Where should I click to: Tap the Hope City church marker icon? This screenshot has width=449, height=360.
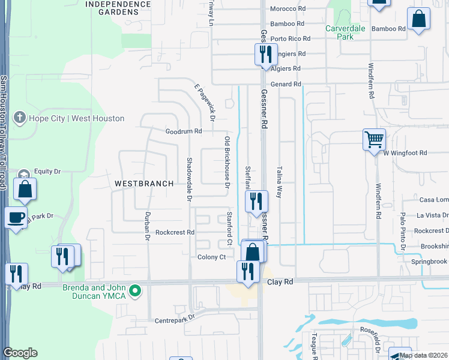click(x=20, y=118)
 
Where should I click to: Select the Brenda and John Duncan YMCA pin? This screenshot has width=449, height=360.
click(x=136, y=292)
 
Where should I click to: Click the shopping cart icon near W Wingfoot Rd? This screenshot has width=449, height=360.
click(x=374, y=140)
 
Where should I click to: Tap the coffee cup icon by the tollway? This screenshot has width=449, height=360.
click(x=16, y=217)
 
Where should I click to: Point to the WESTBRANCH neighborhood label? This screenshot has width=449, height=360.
click(x=144, y=184)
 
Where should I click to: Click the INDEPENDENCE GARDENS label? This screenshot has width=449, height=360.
click(x=118, y=8)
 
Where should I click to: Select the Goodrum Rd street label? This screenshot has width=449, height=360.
click(x=184, y=131)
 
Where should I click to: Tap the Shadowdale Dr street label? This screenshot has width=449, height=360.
click(x=189, y=178)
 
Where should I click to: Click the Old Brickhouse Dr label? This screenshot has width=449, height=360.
click(x=227, y=162)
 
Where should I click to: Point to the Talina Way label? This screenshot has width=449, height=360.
click(x=279, y=182)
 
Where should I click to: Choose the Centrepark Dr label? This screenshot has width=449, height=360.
click(x=176, y=319)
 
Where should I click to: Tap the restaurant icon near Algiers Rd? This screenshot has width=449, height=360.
click(x=264, y=55)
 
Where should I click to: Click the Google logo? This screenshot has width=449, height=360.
click(x=20, y=353)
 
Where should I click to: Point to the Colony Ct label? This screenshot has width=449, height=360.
click(x=211, y=257)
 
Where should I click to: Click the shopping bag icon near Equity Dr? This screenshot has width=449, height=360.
click(x=25, y=190)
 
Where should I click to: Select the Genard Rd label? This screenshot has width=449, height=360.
click(x=286, y=85)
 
